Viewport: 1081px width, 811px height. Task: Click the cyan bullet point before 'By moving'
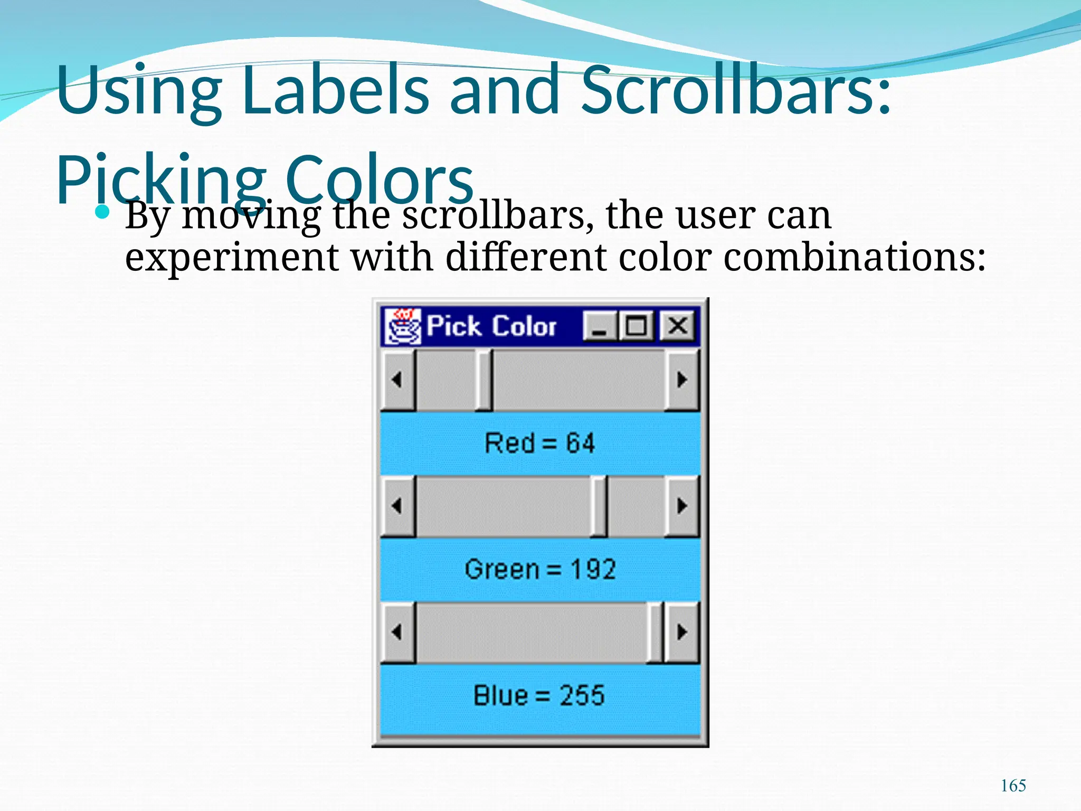point(102,213)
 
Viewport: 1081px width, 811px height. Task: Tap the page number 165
point(1013,786)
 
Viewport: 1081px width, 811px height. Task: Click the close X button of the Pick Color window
point(678,326)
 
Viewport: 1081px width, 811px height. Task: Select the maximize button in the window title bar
point(636,326)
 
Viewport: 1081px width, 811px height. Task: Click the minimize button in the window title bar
point(600,326)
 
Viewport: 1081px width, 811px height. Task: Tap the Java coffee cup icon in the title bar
point(402,326)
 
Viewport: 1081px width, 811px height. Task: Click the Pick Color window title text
point(491,326)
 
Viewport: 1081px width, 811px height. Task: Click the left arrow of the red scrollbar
point(397,379)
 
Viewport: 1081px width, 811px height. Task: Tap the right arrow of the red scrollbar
point(682,379)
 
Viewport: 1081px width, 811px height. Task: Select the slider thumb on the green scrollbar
point(599,506)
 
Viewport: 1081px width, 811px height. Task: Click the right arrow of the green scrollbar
point(682,506)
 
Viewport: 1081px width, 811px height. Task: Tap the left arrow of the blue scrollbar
point(397,632)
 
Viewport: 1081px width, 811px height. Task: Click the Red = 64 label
point(539,443)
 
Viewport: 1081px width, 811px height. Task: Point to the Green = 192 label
point(540,569)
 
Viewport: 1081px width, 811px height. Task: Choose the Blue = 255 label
point(539,695)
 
